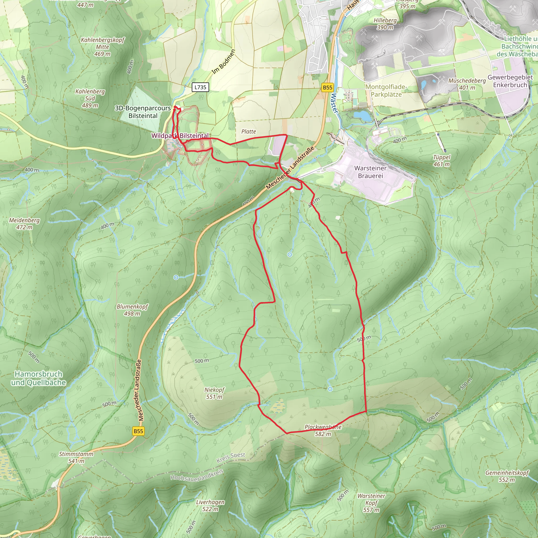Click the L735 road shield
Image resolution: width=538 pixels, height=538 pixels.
click(x=200, y=87)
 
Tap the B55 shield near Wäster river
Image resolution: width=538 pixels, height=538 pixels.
click(x=328, y=87)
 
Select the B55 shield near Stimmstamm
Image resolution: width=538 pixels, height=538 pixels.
click(x=138, y=431)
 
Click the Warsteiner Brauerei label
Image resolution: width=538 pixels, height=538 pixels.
click(x=370, y=172)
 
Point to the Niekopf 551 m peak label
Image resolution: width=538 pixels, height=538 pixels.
click(x=214, y=393)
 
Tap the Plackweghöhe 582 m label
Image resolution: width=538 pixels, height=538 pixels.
click(x=323, y=430)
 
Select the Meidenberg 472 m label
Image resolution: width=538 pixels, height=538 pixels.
click(x=24, y=224)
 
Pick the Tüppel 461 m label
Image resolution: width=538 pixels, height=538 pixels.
click(x=442, y=161)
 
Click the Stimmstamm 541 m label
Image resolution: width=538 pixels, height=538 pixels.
click(x=76, y=457)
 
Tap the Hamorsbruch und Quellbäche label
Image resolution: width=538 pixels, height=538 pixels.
click(x=38, y=378)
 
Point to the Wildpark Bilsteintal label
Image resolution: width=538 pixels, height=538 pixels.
click(x=180, y=136)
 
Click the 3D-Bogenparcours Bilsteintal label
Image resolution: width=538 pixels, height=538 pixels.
click(x=143, y=112)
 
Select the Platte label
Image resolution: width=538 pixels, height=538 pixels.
click(x=249, y=131)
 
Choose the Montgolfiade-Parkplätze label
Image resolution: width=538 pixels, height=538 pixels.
click(x=386, y=91)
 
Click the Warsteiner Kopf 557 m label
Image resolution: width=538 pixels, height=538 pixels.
click(x=371, y=503)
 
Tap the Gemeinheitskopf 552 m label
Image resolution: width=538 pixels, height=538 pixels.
click(x=507, y=476)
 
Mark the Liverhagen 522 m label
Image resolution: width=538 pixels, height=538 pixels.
click(x=210, y=506)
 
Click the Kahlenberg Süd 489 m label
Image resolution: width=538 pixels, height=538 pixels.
click(x=90, y=98)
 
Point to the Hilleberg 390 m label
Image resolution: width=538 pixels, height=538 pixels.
click(x=385, y=24)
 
